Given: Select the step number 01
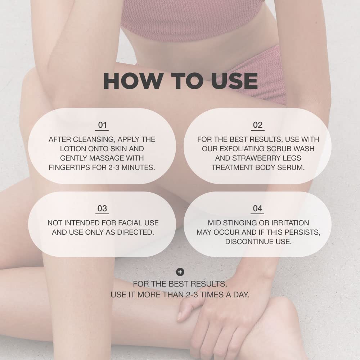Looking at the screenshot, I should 103,125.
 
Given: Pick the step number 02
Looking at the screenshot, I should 258,125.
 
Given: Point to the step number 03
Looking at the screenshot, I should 102,208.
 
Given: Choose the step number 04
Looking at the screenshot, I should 258,208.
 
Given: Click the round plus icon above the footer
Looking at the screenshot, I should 180,272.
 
